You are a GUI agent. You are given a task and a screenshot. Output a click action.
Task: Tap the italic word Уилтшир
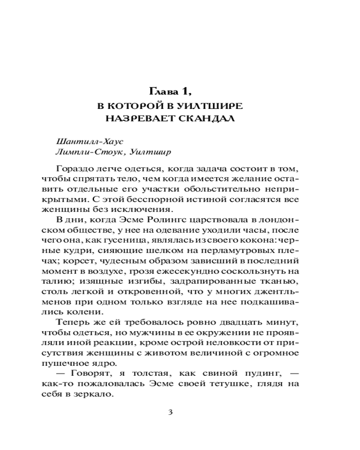[x=150, y=152]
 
